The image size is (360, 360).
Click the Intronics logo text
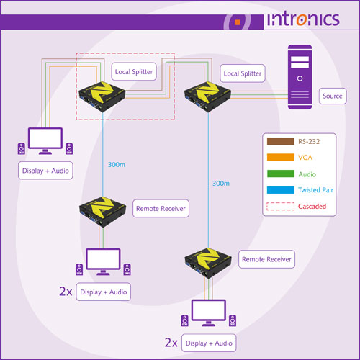pos(304,19)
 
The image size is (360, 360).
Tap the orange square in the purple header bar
pos(238,22)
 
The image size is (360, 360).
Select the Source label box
pos(333,96)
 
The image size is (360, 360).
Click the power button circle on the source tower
pos(300,78)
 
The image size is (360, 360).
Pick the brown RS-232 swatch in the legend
pos(281,141)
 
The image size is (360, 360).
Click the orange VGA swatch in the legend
pos(281,157)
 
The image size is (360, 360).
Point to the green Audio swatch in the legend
pos(281,174)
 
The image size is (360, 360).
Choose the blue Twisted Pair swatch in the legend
pos(281,190)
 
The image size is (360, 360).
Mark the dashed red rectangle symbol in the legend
pos(281,206)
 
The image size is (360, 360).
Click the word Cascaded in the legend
pos(312,206)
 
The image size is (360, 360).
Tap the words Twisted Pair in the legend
pos(315,190)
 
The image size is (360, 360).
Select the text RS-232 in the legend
pos(309,141)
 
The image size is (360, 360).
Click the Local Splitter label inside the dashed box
pos(134,71)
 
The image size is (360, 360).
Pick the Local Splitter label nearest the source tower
pos(243,73)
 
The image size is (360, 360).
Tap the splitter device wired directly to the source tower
pos(207,96)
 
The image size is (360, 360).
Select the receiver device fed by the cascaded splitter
pos(103,212)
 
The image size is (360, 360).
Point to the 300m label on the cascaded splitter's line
pos(117,165)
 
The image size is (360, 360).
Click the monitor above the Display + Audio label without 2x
pos(45,140)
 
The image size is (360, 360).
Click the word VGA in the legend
pos(305,158)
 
